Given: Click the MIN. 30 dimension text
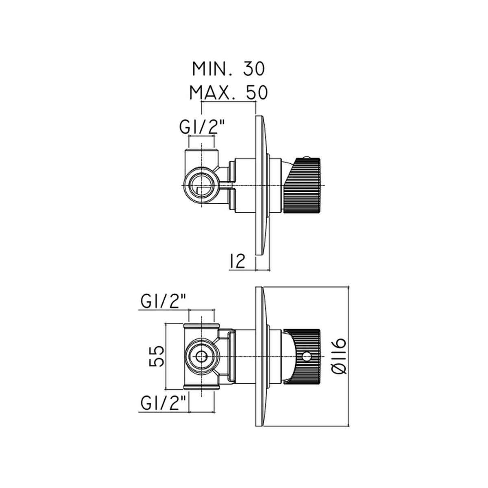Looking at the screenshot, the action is click(229, 69).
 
